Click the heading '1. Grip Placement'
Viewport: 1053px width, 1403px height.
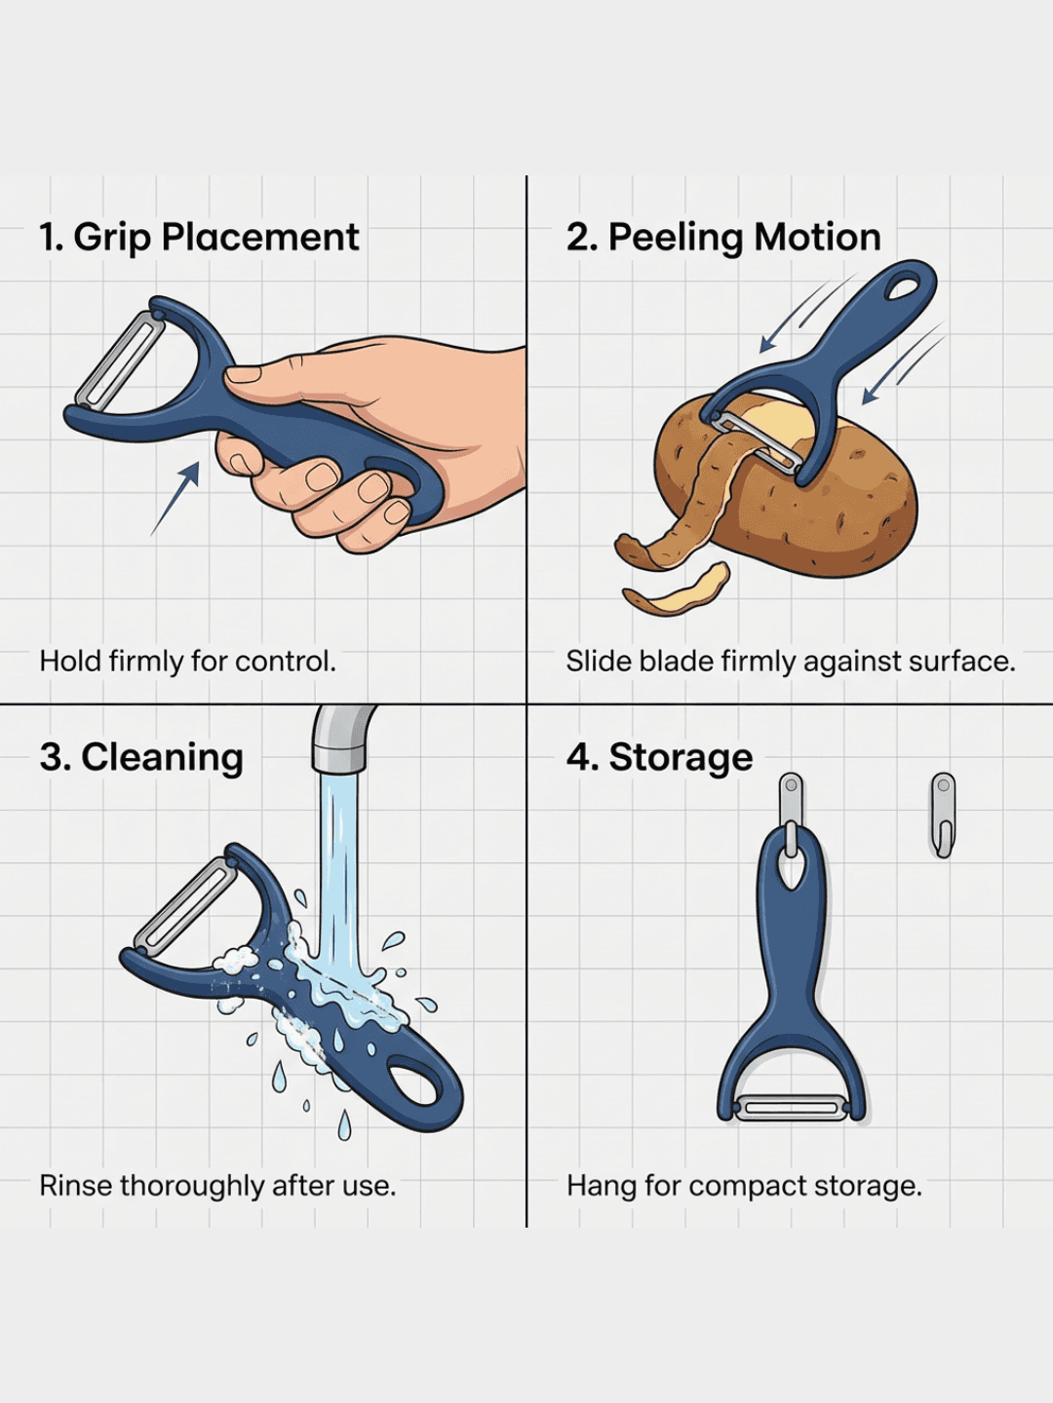tap(199, 238)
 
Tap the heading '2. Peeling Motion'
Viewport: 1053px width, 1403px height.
tap(723, 238)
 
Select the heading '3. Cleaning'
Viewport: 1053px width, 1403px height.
tap(141, 757)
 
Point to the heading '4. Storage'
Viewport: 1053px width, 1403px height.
tap(660, 757)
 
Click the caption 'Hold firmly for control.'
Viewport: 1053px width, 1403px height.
tap(187, 662)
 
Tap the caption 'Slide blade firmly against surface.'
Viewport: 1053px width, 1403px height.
tap(791, 662)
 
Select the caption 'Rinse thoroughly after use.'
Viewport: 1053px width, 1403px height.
tap(217, 1186)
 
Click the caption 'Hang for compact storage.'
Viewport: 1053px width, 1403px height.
tap(744, 1186)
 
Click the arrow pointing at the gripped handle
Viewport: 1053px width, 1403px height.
tap(176, 498)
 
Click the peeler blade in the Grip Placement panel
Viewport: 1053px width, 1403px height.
tap(120, 360)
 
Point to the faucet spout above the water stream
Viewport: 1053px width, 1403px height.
tap(341, 739)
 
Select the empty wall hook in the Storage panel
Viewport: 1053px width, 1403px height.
tap(943, 814)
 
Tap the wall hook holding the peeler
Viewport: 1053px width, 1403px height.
tap(792, 809)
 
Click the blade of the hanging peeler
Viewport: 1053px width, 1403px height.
tap(792, 1108)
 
